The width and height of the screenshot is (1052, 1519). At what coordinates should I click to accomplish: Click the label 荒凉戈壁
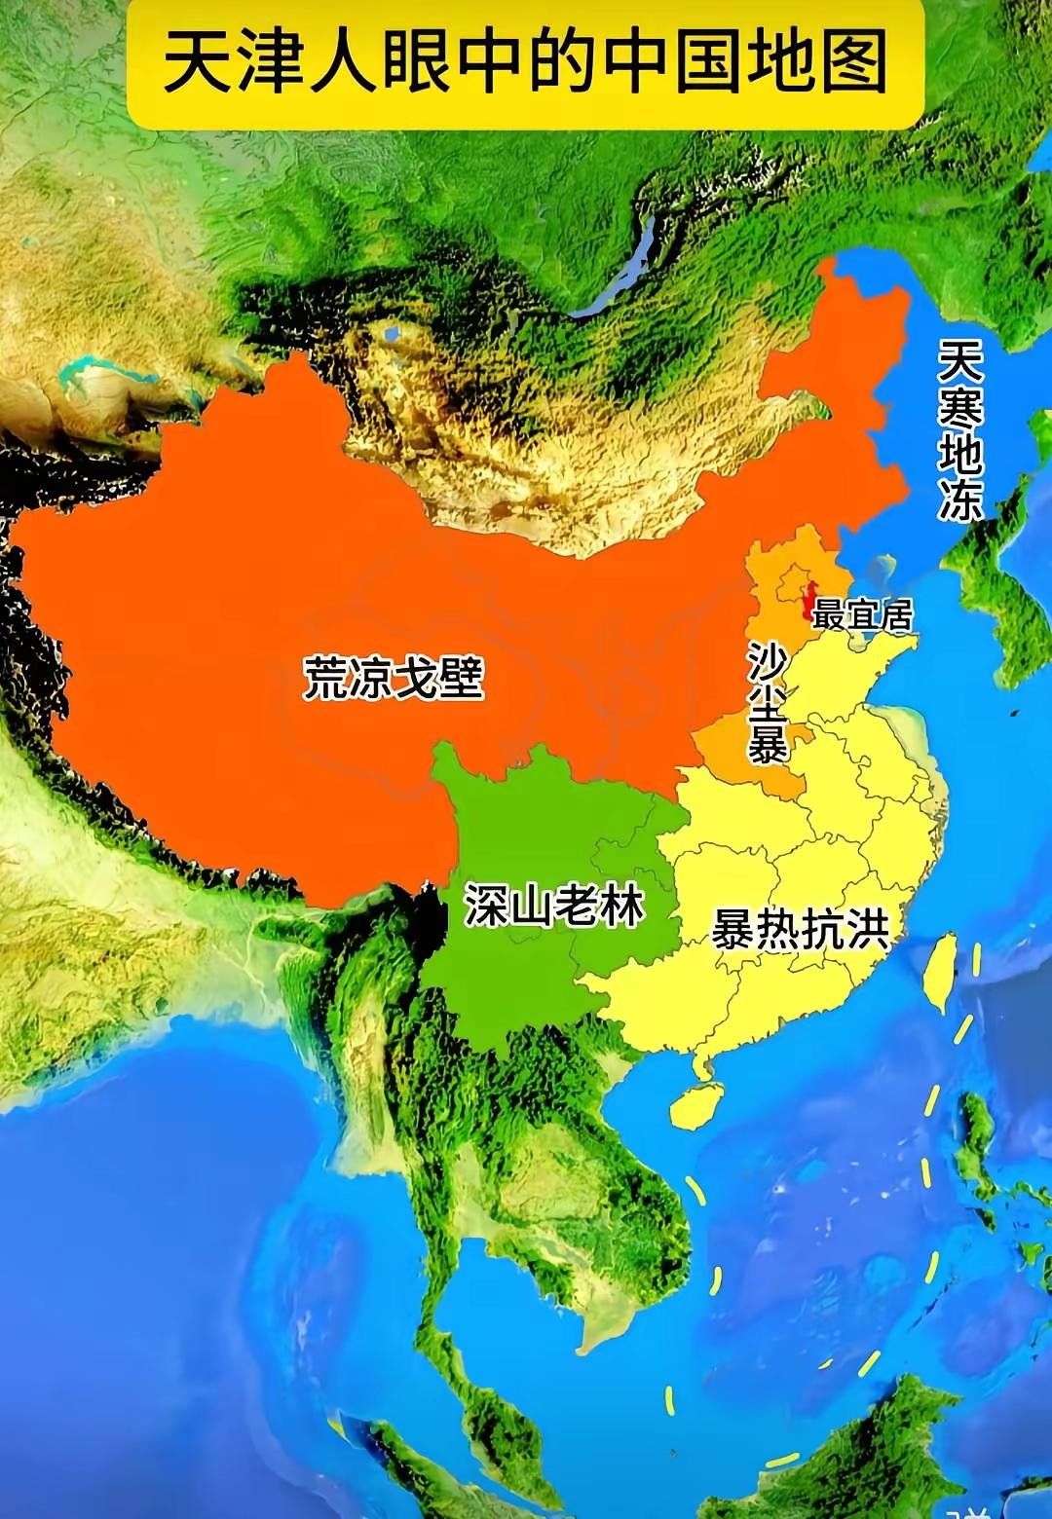pos(394,678)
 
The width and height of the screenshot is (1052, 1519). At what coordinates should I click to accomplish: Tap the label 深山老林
pos(553,907)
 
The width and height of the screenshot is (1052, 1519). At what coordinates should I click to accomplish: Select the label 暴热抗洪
pos(801,930)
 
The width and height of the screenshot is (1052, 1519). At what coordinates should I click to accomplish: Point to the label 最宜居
pos(863,615)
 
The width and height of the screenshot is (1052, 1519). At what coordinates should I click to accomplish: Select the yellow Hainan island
pos(693,1107)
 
